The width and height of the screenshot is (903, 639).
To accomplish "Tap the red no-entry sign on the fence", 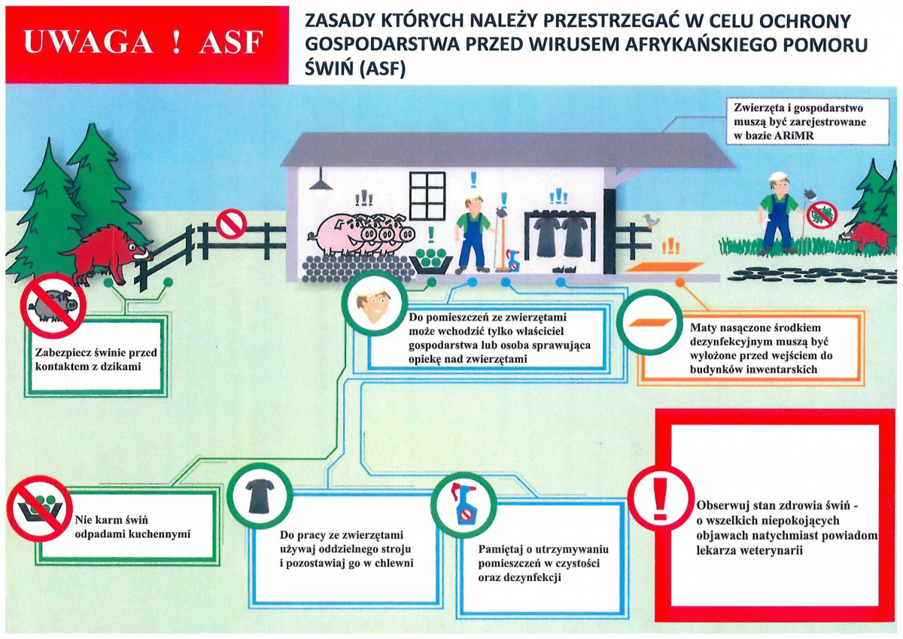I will (x=231, y=224).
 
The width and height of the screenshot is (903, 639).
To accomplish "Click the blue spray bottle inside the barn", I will (x=514, y=260).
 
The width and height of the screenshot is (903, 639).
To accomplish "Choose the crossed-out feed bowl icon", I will (x=38, y=507).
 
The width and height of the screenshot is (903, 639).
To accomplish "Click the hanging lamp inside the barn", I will (x=321, y=182).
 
